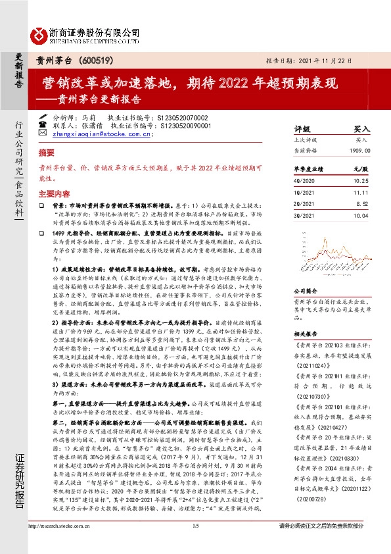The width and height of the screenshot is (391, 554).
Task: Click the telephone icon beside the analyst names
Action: point(43,123)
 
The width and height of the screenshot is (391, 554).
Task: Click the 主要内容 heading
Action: point(54,194)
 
